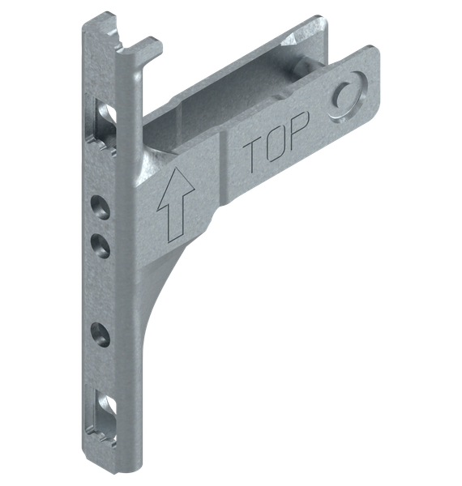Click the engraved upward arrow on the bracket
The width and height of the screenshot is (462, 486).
176,205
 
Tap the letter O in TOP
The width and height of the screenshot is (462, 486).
276,143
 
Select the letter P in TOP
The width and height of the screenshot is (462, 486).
297,131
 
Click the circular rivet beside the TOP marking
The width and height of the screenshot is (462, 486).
347,95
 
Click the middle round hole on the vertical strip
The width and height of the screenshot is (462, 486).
101,245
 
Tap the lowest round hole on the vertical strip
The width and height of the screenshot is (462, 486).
101,335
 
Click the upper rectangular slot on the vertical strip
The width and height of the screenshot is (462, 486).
104,125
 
